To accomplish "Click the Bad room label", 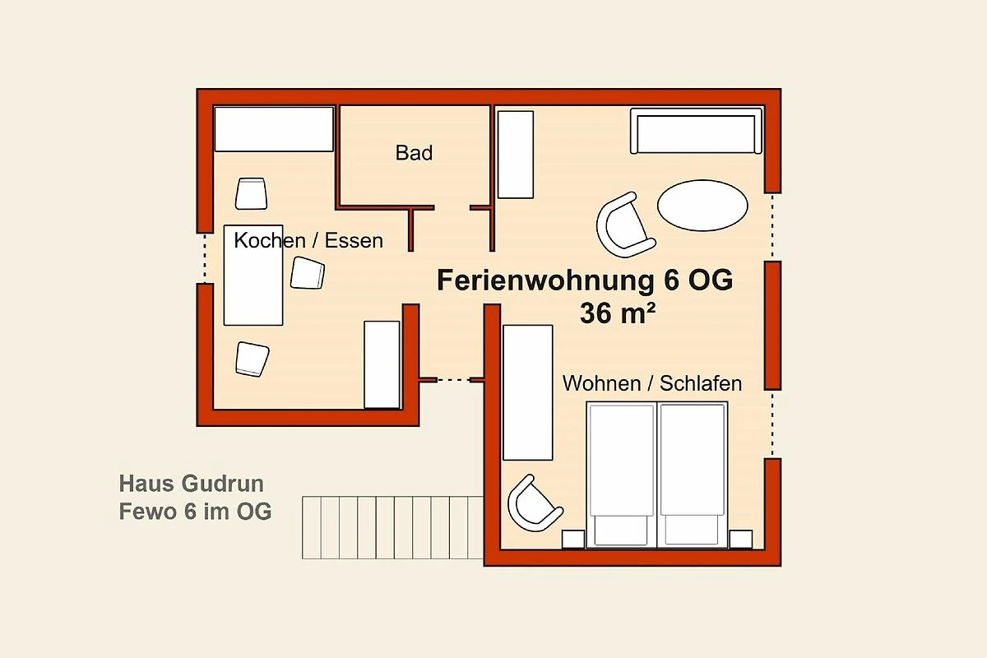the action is (414, 153).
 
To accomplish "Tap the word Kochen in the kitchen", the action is (270, 240).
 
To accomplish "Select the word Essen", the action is (354, 241).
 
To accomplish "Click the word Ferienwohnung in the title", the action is (545, 281).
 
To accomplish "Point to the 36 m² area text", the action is (618, 313).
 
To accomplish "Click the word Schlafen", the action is (701, 383).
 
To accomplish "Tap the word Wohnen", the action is (601, 383).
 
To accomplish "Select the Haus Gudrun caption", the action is (191, 484).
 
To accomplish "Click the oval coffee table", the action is (702, 206).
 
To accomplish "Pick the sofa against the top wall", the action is (696, 131).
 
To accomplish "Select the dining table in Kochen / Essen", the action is (253, 276).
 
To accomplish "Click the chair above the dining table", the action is (251, 193).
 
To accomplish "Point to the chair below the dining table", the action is (252, 359).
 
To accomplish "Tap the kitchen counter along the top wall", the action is (274, 129).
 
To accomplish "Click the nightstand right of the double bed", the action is (741, 540).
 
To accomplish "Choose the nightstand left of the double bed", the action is (573, 540).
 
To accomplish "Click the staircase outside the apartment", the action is (392, 527).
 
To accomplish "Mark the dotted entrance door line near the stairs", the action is (453, 380).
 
